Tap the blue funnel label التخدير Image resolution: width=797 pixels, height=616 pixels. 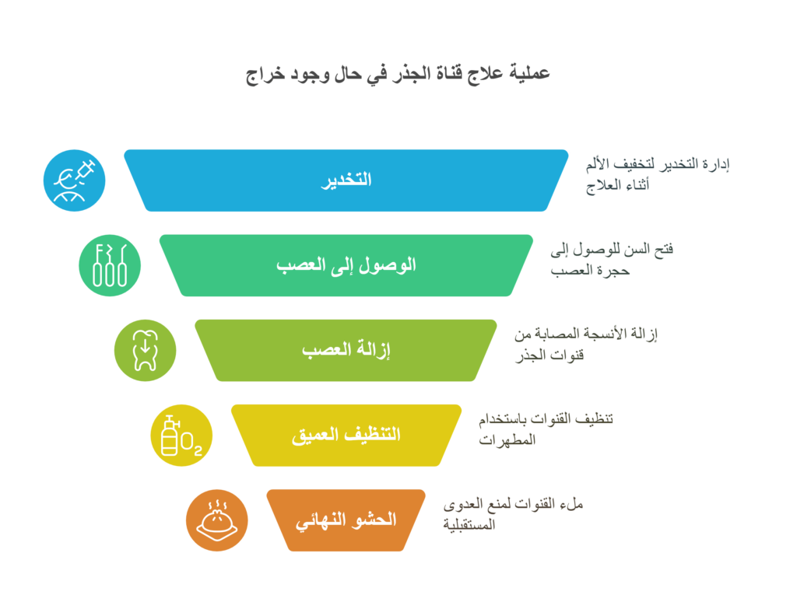[x=346, y=180]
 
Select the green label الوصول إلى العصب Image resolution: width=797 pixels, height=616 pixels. [x=346, y=265]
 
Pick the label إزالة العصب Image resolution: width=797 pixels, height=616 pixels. [x=346, y=350]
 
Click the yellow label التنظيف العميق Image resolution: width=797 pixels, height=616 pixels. [x=346, y=436]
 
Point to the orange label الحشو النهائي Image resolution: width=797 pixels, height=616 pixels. [x=346, y=520]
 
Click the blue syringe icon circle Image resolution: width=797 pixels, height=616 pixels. [x=74, y=180]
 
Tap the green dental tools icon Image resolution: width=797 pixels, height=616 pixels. [x=110, y=265]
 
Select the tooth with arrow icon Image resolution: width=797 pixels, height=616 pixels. [x=146, y=351]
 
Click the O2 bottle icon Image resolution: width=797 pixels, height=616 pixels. [x=181, y=436]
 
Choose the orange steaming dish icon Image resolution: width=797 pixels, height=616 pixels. [x=217, y=520]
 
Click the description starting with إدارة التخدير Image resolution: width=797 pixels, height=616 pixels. [x=658, y=175]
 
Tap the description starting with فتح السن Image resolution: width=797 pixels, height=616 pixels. [x=612, y=260]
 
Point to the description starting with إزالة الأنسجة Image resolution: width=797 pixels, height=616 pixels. [x=586, y=345]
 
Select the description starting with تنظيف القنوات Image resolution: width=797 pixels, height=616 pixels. [x=546, y=429]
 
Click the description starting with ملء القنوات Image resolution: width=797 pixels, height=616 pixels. [x=514, y=514]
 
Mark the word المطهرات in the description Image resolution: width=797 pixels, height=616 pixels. [x=507, y=439]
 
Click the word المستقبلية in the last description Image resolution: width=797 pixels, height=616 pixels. [x=469, y=524]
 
